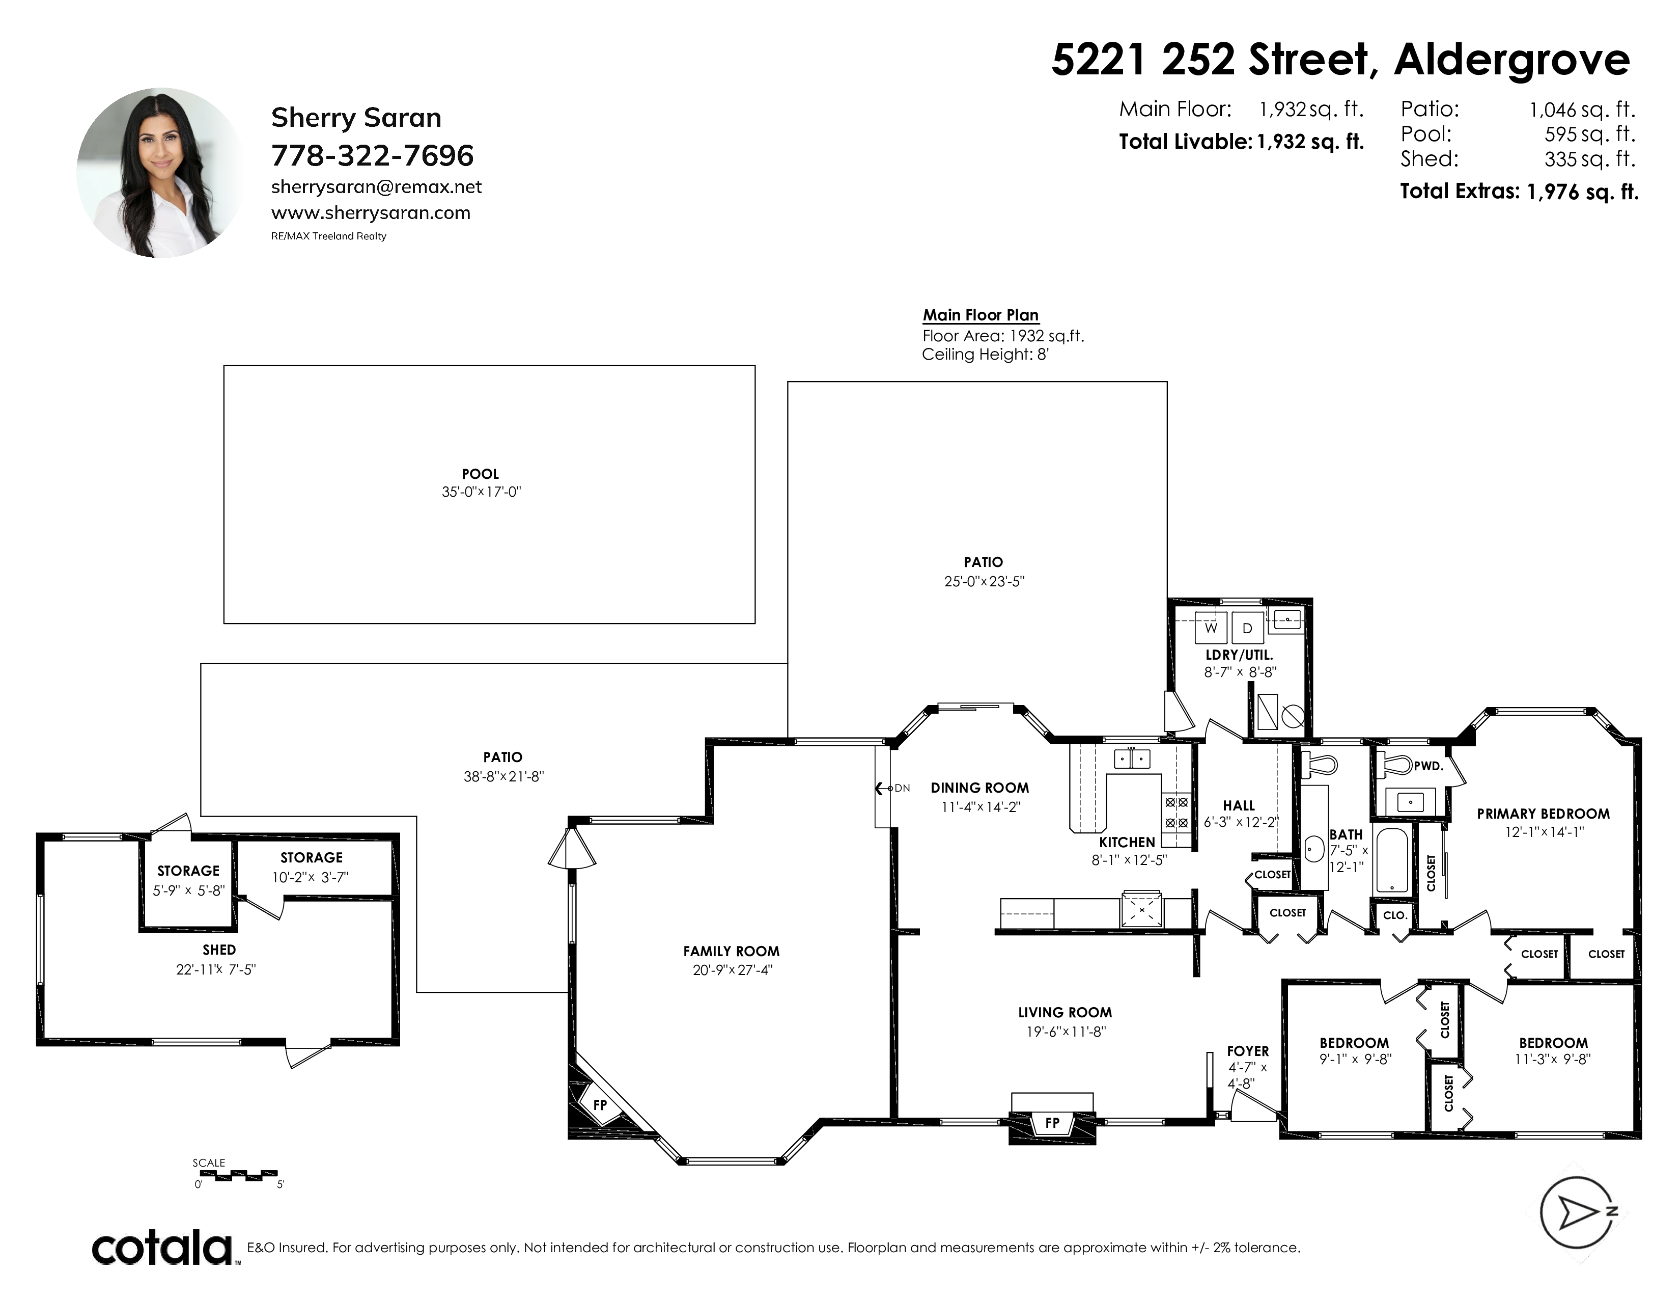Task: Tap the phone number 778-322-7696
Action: coord(372,155)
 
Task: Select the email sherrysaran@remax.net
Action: coord(377,187)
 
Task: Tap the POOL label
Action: coord(480,474)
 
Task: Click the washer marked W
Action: coord(1211,628)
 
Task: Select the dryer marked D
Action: coord(1248,628)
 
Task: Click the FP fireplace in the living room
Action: coord(1052,1123)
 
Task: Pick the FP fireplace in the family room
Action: coord(601,1104)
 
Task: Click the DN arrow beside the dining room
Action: coord(892,788)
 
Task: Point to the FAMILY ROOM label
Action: coord(731,951)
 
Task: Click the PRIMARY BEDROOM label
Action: coord(1543,814)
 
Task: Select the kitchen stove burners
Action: coord(1176,812)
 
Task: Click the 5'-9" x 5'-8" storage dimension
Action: coord(188,890)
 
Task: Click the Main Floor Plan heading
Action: coord(981,315)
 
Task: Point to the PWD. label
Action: coord(1429,767)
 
